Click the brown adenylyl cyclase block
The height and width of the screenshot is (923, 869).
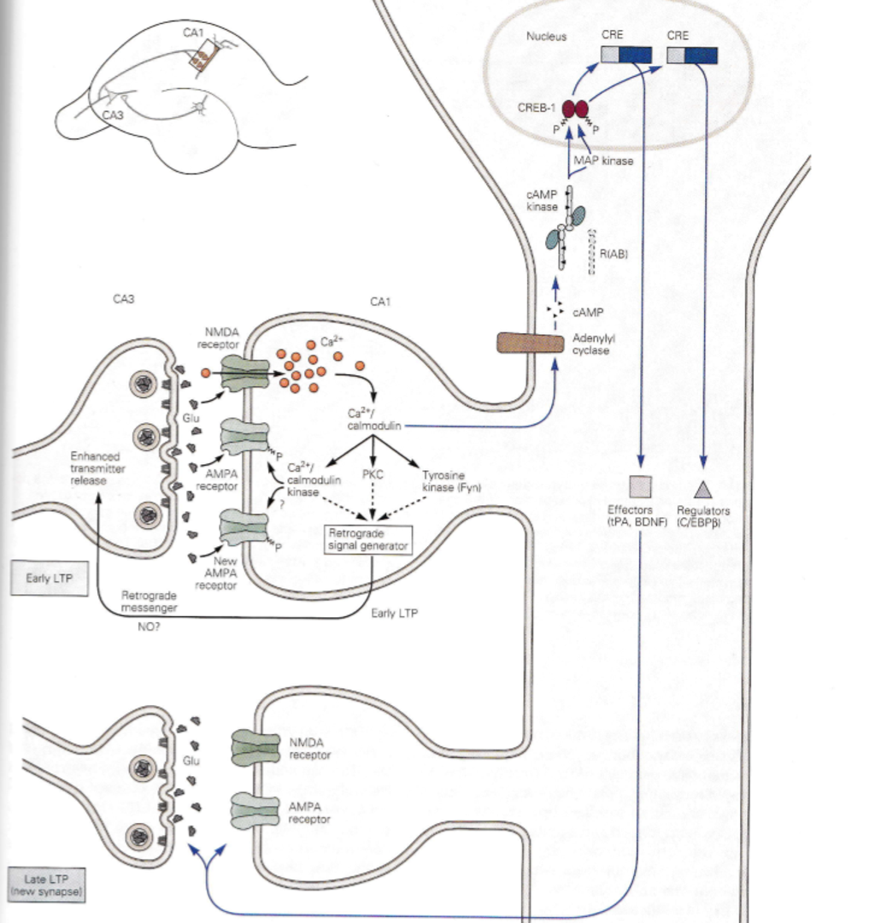click(530, 344)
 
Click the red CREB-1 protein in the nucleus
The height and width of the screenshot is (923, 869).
click(575, 109)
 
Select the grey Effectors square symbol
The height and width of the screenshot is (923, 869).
click(640, 487)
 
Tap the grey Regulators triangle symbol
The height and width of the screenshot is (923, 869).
click(702, 489)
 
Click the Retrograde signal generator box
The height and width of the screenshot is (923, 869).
click(368, 540)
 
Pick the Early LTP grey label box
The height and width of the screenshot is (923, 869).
click(50, 578)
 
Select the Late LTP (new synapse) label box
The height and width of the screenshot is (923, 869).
click(46, 885)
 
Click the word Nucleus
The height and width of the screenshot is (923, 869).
click(546, 37)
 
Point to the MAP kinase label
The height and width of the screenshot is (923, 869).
click(603, 160)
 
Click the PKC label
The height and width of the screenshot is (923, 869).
click(373, 474)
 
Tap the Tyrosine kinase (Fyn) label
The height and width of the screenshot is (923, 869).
click(451, 481)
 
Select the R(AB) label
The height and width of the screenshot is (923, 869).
click(614, 254)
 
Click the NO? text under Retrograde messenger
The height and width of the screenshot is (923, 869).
click(149, 627)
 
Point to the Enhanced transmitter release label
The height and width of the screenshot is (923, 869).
click(97, 468)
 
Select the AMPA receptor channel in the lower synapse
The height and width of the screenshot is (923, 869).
click(255, 810)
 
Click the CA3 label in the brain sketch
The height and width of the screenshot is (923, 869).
click(113, 115)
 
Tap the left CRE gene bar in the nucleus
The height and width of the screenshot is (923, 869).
click(626, 55)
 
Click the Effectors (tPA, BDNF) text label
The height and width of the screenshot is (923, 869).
click(637, 515)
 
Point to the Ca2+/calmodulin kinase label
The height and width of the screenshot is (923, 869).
click(314, 479)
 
